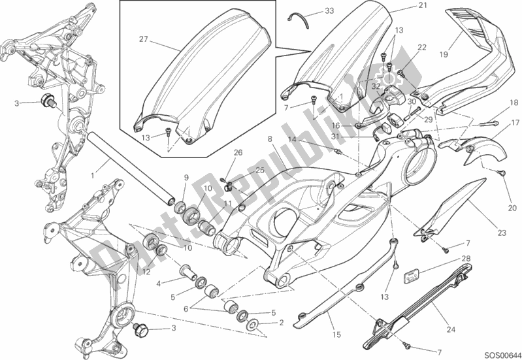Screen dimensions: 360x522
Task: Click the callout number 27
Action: pyautogui.click(x=143, y=40)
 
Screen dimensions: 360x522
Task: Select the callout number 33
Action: pyautogui.click(x=329, y=11)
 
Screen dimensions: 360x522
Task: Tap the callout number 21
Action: pyautogui.click(x=404, y=6)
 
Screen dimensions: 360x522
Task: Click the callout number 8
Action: pyautogui.click(x=270, y=139)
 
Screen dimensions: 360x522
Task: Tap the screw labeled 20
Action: pyautogui.click(x=503, y=172)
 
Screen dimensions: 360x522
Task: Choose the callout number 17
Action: pyautogui.click(x=515, y=122)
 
